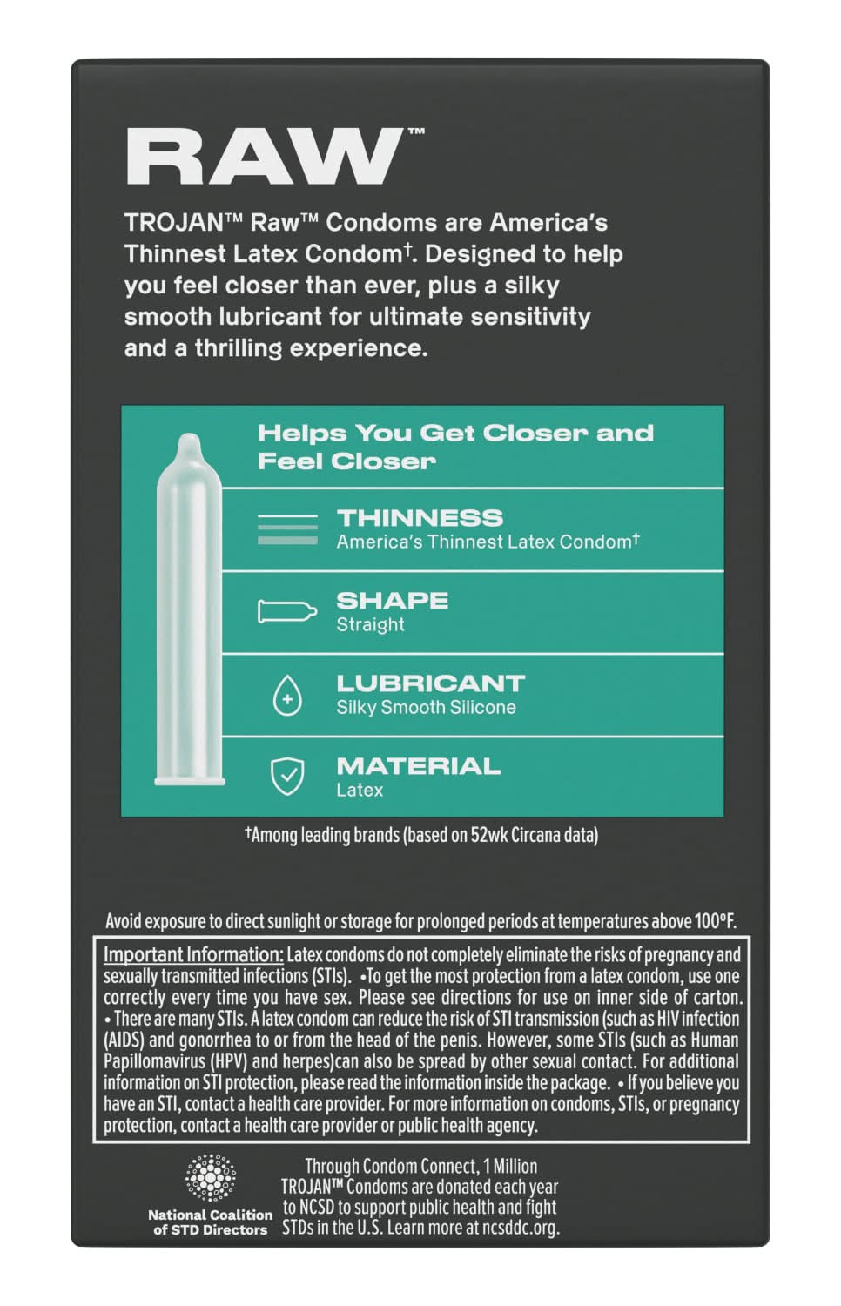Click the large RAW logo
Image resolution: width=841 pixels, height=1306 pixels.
click(x=266, y=157)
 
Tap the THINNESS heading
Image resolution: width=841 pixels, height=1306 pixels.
click(x=420, y=518)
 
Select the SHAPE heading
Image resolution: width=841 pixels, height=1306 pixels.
click(x=392, y=601)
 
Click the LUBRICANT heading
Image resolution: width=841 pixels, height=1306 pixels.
click(x=430, y=683)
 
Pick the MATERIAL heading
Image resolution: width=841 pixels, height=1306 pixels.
click(x=418, y=766)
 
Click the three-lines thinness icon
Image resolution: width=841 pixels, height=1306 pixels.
click(x=287, y=528)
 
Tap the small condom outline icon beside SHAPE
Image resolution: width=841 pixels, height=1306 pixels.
click(x=286, y=611)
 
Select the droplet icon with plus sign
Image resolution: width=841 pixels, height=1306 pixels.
click(x=287, y=697)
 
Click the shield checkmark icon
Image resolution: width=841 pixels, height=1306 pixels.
click(x=287, y=777)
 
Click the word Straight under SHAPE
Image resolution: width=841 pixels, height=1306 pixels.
click(x=370, y=624)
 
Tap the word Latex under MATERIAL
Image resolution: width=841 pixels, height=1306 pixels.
click(x=360, y=790)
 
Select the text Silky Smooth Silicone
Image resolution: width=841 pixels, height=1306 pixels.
click(x=426, y=707)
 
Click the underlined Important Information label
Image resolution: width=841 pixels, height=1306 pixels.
click(x=193, y=954)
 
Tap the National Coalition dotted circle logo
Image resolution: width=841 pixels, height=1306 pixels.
click(x=210, y=1178)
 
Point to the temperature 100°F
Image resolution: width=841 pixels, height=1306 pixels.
click(x=715, y=920)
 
